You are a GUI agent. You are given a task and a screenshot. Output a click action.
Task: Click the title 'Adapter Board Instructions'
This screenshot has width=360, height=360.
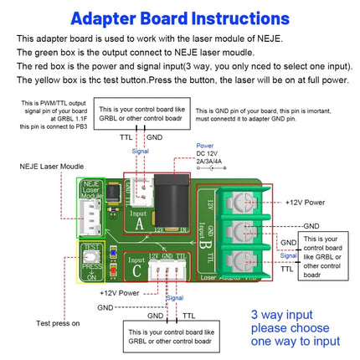tap(180, 18)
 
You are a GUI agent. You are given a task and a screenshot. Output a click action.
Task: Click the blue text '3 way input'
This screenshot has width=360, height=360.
tap(282, 316)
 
